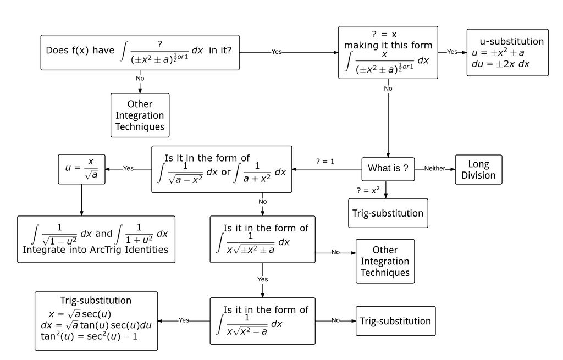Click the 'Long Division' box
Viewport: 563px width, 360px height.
[478, 169]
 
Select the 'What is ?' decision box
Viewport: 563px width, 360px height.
[388, 168]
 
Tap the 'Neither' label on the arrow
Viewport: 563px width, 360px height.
[434, 169]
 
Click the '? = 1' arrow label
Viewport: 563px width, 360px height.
[325, 162]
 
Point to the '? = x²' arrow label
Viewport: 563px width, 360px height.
[368, 190]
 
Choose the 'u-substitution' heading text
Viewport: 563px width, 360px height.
[511, 41]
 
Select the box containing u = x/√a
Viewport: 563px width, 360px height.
[81, 169]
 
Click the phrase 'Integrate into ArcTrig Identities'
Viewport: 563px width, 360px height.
[95, 250]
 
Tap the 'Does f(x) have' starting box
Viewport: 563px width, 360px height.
[140, 52]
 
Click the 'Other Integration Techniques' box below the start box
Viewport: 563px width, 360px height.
[140, 115]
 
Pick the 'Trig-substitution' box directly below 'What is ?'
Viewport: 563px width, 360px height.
[388, 213]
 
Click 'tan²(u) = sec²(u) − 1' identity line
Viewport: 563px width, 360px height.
[89, 336]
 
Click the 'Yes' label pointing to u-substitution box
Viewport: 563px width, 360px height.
[452, 52]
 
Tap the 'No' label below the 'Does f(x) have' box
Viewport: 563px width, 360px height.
[140, 78]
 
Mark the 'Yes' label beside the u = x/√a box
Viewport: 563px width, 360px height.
[128, 168]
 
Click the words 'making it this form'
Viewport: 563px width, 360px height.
[388, 45]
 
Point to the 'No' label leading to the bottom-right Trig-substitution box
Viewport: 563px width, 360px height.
[335, 320]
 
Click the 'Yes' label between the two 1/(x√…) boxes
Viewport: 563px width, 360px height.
[263, 279]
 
